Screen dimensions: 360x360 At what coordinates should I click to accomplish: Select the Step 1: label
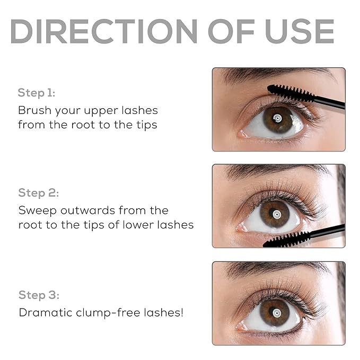point(36,93)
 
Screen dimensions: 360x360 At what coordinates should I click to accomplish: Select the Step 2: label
point(38,192)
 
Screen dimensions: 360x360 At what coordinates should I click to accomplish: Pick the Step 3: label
point(39,295)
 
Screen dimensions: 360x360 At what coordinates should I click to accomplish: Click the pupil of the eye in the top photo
point(277,118)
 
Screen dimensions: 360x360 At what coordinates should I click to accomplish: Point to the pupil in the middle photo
point(276,214)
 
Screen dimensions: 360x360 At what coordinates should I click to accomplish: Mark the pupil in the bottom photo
point(277,310)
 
